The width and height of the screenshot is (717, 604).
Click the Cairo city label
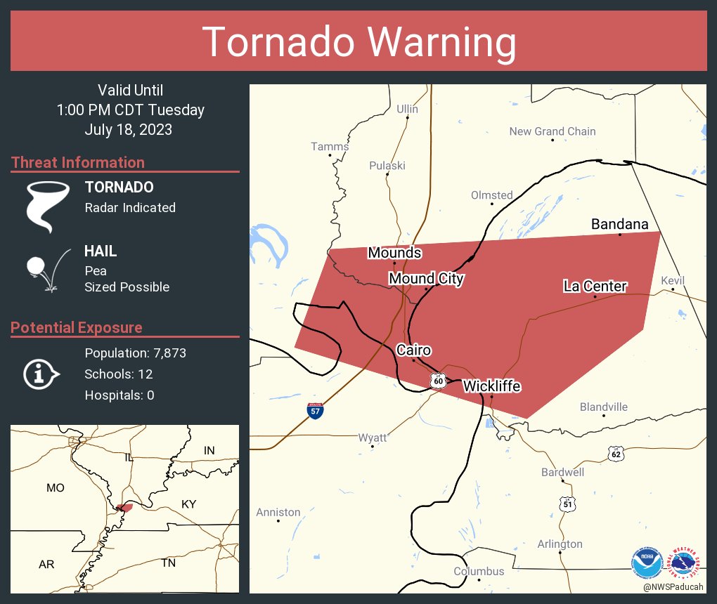413,350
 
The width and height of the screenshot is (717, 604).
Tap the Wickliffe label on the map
491,386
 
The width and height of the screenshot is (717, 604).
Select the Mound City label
426,279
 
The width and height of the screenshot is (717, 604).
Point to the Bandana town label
619,224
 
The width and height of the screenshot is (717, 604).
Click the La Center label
595,286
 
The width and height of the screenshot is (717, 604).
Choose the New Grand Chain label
552,131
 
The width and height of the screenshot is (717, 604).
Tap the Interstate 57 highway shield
316,409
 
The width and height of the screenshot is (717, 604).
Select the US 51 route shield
567,504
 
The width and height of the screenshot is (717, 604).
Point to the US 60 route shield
439,380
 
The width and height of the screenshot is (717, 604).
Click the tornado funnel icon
48,206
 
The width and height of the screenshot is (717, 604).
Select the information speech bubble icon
40,374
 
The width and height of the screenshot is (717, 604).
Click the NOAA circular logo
647,562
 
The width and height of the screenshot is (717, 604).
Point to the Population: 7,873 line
135,353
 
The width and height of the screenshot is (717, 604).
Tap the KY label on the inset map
189,504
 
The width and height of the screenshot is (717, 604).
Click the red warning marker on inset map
125,507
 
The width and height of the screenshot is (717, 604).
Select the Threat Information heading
78,162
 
